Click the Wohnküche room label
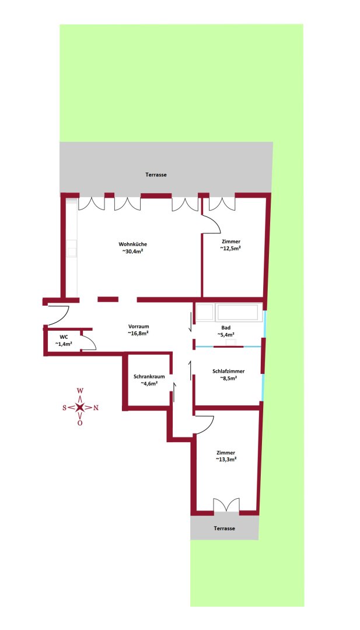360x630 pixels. click(x=132, y=244)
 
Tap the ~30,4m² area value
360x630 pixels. click(x=132, y=251)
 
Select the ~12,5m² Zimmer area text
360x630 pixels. click(x=230, y=249)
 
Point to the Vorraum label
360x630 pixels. click(x=139, y=326)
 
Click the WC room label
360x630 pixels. click(x=64, y=337)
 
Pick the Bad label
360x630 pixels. click(x=226, y=327)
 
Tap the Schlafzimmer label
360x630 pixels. click(x=229, y=371)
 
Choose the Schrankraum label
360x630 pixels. click(x=149, y=376)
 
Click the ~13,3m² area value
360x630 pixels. click(x=226, y=460)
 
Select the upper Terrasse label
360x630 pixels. click(x=156, y=175)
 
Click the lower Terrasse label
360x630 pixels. click(x=225, y=528)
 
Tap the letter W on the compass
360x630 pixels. click(x=81, y=390)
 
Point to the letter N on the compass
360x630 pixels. click(x=96, y=408)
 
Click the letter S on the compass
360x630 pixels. click(x=65, y=408)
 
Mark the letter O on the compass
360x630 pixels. click(x=81, y=423)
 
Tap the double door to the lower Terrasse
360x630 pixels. click(x=226, y=505)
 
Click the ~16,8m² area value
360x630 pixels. click(x=139, y=333)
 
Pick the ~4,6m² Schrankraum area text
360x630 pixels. click(x=149, y=384)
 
